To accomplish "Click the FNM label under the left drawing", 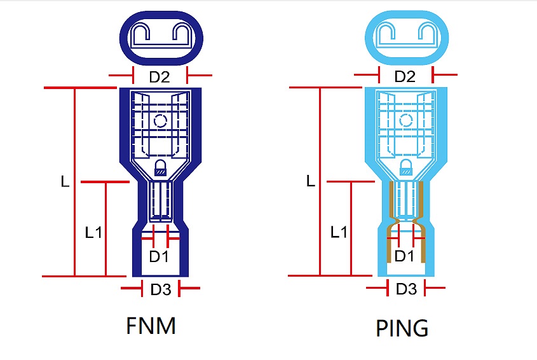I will click(x=151, y=327).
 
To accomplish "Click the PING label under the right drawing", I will click(x=402, y=329).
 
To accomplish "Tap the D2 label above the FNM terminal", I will click(x=160, y=77).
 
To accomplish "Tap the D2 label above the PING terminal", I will click(x=405, y=77).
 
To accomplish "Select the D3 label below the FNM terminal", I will click(x=161, y=290).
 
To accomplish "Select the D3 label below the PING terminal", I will click(x=406, y=289).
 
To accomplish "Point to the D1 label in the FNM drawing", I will click(x=159, y=257).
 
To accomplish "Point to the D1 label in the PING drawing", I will click(x=405, y=256).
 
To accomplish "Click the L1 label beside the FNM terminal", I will click(x=93, y=232).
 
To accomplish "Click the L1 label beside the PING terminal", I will click(x=339, y=232).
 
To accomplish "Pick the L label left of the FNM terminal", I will click(x=65, y=181).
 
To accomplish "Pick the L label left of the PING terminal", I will click(x=310, y=181).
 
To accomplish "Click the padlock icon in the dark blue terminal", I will click(x=160, y=168).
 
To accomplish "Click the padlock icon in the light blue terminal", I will click(x=405, y=168).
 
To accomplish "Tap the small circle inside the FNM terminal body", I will click(x=160, y=120).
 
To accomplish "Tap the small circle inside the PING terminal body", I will click(x=405, y=120).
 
